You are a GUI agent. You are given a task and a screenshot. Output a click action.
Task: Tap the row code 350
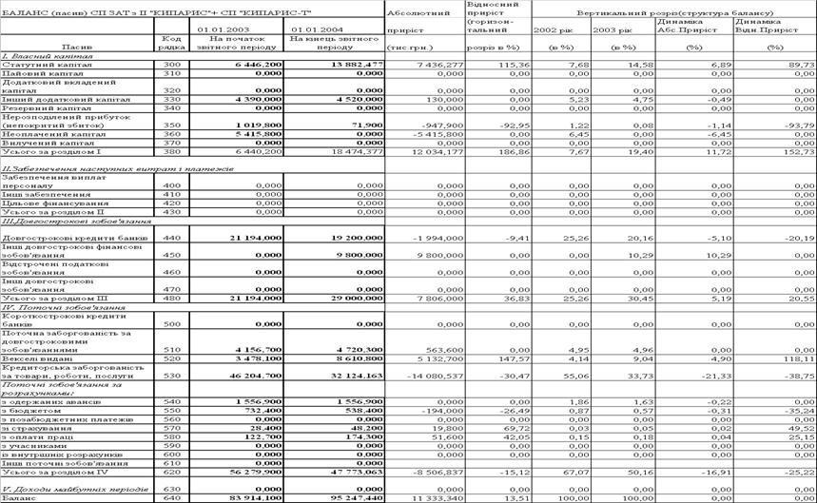point(172,125)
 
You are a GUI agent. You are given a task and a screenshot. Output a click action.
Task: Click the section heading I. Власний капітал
point(32,55)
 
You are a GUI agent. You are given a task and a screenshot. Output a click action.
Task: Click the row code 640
point(172,497)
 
